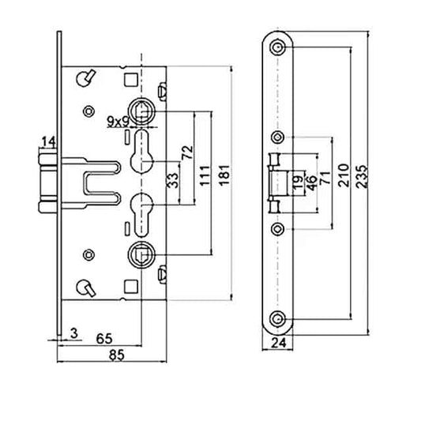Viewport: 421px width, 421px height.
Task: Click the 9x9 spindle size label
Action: point(119,120)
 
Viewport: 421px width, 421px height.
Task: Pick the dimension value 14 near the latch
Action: point(48,141)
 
